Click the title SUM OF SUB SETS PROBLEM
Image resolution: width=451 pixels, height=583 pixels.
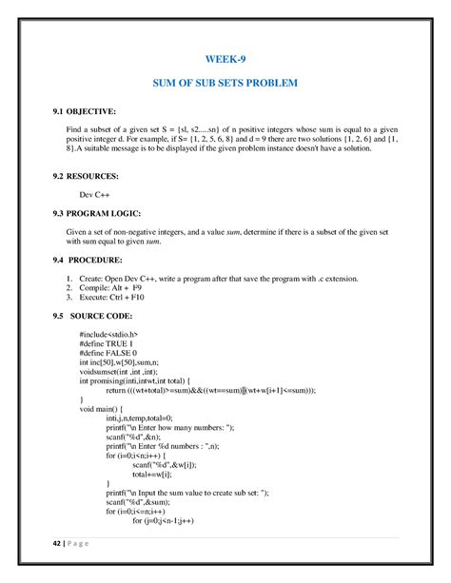pos(225,84)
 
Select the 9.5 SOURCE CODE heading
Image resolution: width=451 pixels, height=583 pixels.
pos(93,315)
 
